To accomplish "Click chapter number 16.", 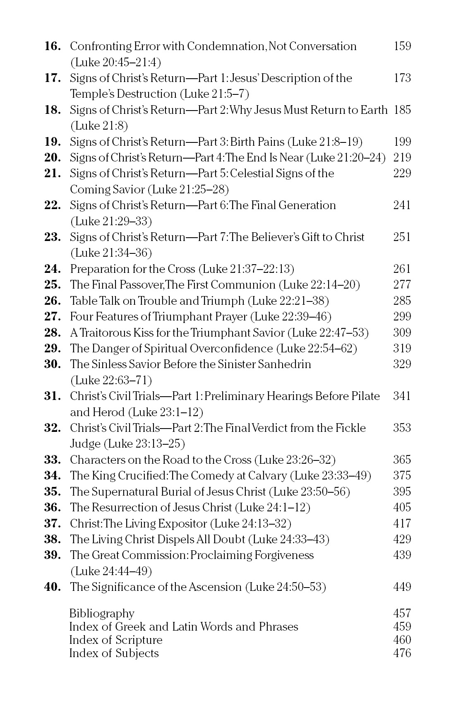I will pos(52,46).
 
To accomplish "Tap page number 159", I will pos(402,46).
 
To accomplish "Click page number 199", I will pos(402,142).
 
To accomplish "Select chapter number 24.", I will pos(52,269).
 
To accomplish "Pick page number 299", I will pos(402,317).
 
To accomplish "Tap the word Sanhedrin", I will pos(284,364).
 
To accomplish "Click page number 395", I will pos(402,492).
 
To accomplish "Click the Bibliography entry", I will pos(102,613).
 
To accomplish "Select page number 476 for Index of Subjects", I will pos(402,653).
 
